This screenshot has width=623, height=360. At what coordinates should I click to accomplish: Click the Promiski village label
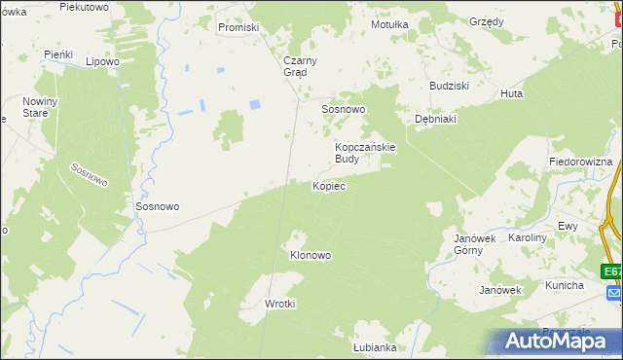point(238,27)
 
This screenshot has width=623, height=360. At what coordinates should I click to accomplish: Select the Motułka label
point(389,24)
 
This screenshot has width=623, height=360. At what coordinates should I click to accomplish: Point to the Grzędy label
point(486,21)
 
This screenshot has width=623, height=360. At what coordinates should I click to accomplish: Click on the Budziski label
point(451,86)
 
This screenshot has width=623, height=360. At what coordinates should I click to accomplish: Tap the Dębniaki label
point(435,114)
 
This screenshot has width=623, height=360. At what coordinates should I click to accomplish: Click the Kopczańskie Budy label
point(365,152)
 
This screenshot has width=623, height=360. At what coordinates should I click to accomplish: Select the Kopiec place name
point(329,185)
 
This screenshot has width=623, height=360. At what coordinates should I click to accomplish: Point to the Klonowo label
point(311,255)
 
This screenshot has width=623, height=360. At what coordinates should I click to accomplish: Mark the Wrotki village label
point(280,304)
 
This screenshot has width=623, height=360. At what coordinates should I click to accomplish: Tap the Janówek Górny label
point(475,243)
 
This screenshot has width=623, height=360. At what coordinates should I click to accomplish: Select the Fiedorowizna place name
point(580,161)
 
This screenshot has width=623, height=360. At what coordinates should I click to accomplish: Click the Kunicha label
point(564,285)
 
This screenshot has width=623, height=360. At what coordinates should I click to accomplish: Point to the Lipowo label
point(102,61)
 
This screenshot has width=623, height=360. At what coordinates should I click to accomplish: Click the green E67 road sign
point(611,271)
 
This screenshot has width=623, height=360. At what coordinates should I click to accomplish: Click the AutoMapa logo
point(558,341)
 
